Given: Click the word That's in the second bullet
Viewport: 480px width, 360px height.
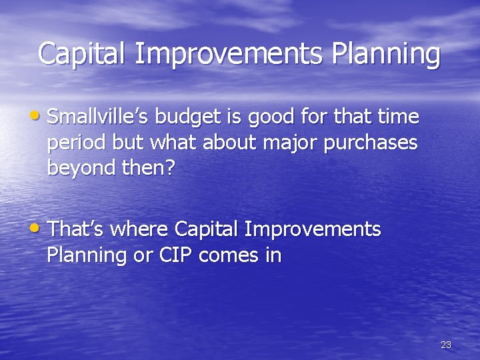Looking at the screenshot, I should tap(76, 230).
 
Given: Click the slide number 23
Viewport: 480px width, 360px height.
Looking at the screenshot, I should tap(446, 345).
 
